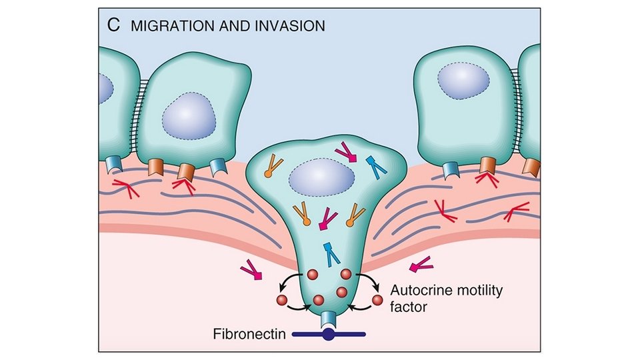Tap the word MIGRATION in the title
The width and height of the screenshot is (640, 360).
[x=164, y=26]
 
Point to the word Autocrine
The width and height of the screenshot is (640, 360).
[x=417, y=291]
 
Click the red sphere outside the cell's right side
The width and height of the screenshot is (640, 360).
[x=377, y=301]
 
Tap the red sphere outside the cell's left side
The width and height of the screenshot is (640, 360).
[x=281, y=300]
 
